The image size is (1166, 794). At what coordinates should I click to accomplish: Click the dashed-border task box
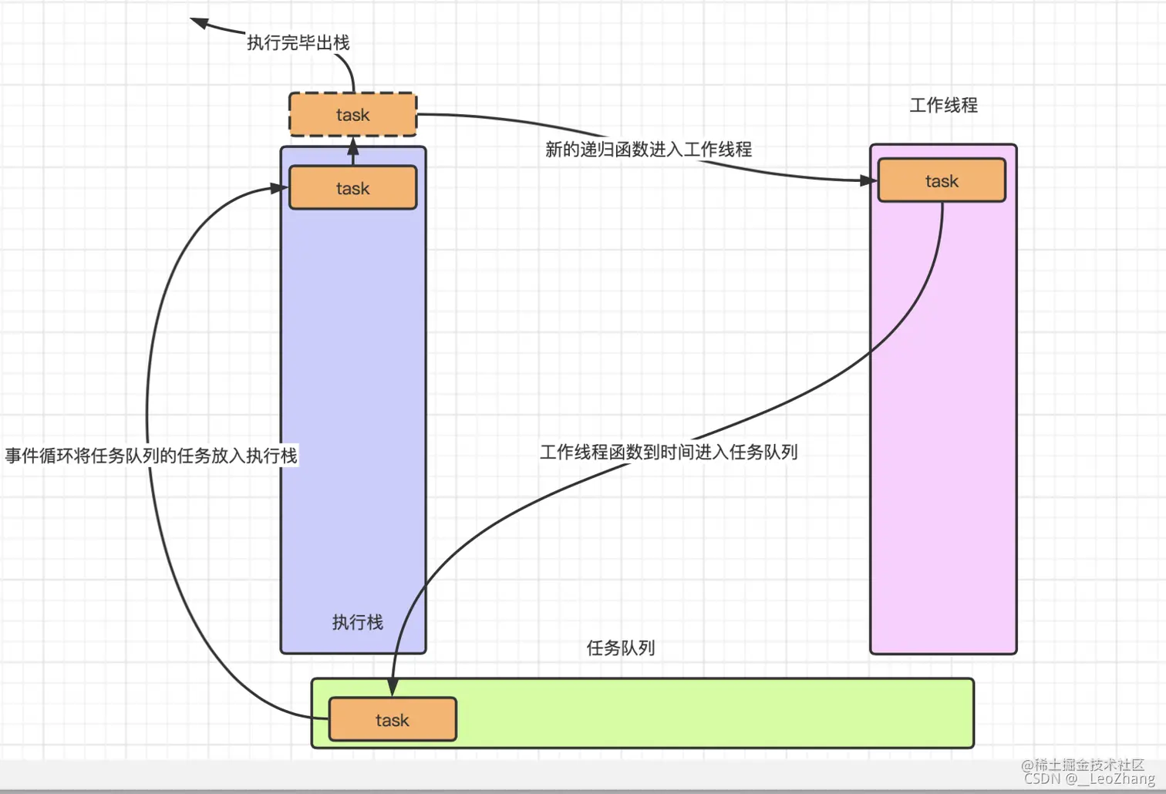pyautogui.click(x=352, y=115)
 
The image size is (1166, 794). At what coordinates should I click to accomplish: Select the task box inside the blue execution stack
pyautogui.click(x=352, y=188)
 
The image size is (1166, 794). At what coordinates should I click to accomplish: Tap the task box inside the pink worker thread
pyautogui.click(x=942, y=181)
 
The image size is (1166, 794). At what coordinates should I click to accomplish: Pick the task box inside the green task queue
pyautogui.click(x=393, y=720)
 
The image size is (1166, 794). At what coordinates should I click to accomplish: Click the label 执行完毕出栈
pyautogui.click(x=298, y=43)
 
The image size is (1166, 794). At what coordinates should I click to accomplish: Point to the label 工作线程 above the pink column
pyautogui.click(x=943, y=106)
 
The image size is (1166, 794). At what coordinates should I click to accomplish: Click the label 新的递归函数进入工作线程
pyautogui.click(x=648, y=150)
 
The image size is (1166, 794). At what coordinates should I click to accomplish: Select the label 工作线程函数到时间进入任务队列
pyautogui.click(x=668, y=453)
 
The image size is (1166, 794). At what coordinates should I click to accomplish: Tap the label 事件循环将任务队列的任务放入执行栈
pyautogui.click(x=151, y=456)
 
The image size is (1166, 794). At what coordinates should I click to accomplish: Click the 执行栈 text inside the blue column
pyautogui.click(x=357, y=622)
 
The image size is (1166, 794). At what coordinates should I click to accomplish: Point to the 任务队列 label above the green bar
pyautogui.click(x=620, y=648)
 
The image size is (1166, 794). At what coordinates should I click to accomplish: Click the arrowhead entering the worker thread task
pyautogui.click(x=870, y=180)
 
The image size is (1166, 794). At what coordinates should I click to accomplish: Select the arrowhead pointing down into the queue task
pyautogui.click(x=393, y=687)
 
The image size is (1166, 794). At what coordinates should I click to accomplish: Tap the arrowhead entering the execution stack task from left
pyautogui.click(x=278, y=188)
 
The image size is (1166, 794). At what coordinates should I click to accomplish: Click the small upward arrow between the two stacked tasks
pyautogui.click(x=353, y=150)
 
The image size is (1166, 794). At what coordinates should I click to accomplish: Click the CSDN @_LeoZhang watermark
pyautogui.click(x=1089, y=779)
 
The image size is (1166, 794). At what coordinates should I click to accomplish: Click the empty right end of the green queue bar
pyautogui.click(x=887, y=713)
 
